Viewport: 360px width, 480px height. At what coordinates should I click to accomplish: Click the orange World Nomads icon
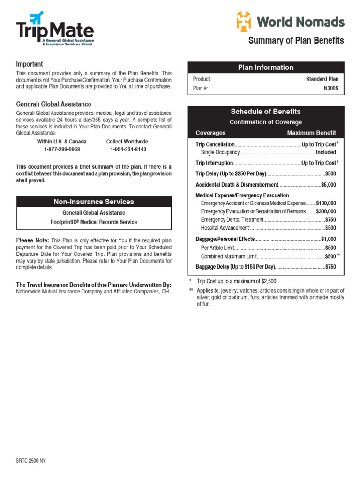[x=243, y=22]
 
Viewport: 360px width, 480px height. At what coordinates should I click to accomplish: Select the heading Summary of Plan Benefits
[x=296, y=41]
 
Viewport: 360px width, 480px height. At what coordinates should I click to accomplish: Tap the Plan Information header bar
[x=266, y=67]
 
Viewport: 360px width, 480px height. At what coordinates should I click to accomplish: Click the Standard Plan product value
[x=322, y=79]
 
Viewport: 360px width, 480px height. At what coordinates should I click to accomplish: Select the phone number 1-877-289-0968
[x=62, y=150]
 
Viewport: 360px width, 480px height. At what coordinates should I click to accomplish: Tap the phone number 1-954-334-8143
[x=128, y=150]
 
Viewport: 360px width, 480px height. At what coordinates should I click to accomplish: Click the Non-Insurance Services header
[x=94, y=202]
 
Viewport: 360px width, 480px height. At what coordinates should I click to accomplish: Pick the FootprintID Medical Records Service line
[x=94, y=222]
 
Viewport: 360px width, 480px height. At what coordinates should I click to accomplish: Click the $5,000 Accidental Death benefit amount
[x=328, y=185]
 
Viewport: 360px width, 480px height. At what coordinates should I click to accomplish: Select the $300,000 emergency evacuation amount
[x=326, y=211]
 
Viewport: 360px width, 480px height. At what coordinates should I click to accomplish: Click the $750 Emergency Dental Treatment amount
[x=330, y=220]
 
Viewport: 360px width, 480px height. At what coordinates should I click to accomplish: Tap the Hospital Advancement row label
[x=225, y=228]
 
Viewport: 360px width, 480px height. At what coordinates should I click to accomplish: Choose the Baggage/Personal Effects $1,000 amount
[x=328, y=239]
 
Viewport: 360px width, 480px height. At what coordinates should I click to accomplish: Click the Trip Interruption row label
[x=214, y=163]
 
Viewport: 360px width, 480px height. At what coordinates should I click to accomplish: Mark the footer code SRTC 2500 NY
[x=31, y=461]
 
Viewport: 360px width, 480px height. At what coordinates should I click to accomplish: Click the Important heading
[x=30, y=64]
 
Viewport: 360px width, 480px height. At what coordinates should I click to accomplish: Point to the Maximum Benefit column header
[x=311, y=133]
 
